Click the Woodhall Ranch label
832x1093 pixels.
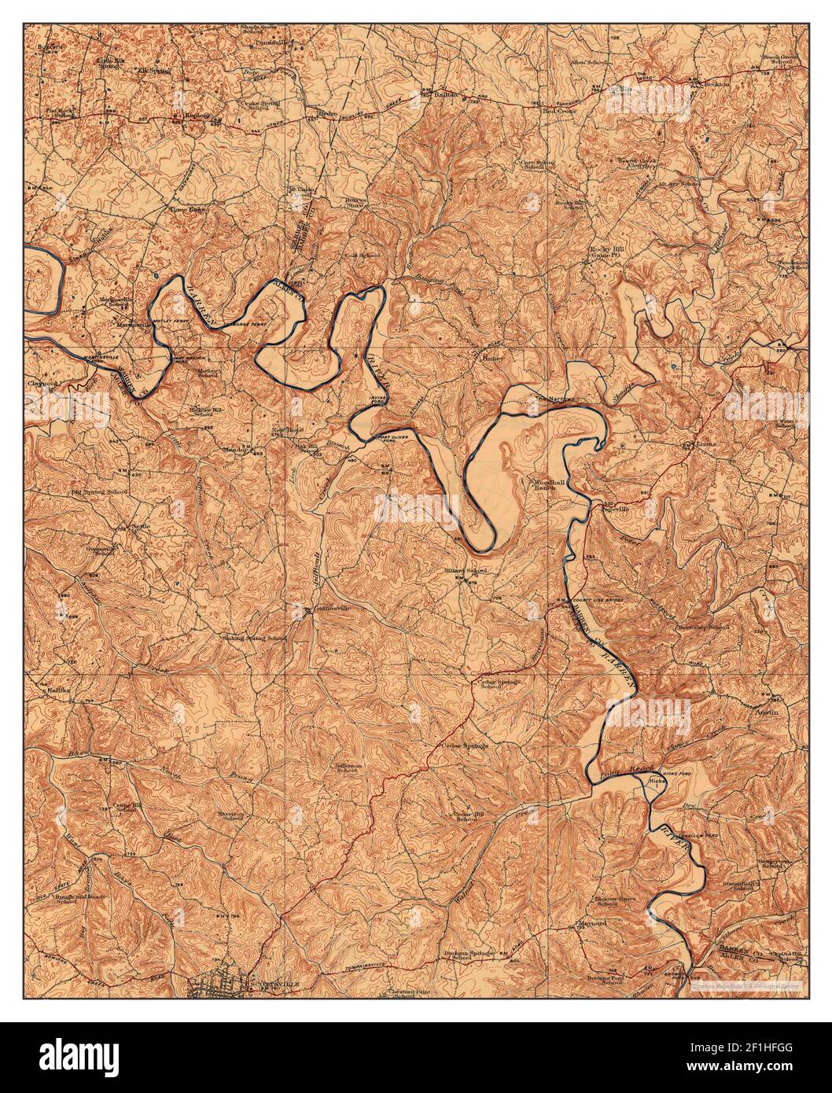(541, 483)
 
